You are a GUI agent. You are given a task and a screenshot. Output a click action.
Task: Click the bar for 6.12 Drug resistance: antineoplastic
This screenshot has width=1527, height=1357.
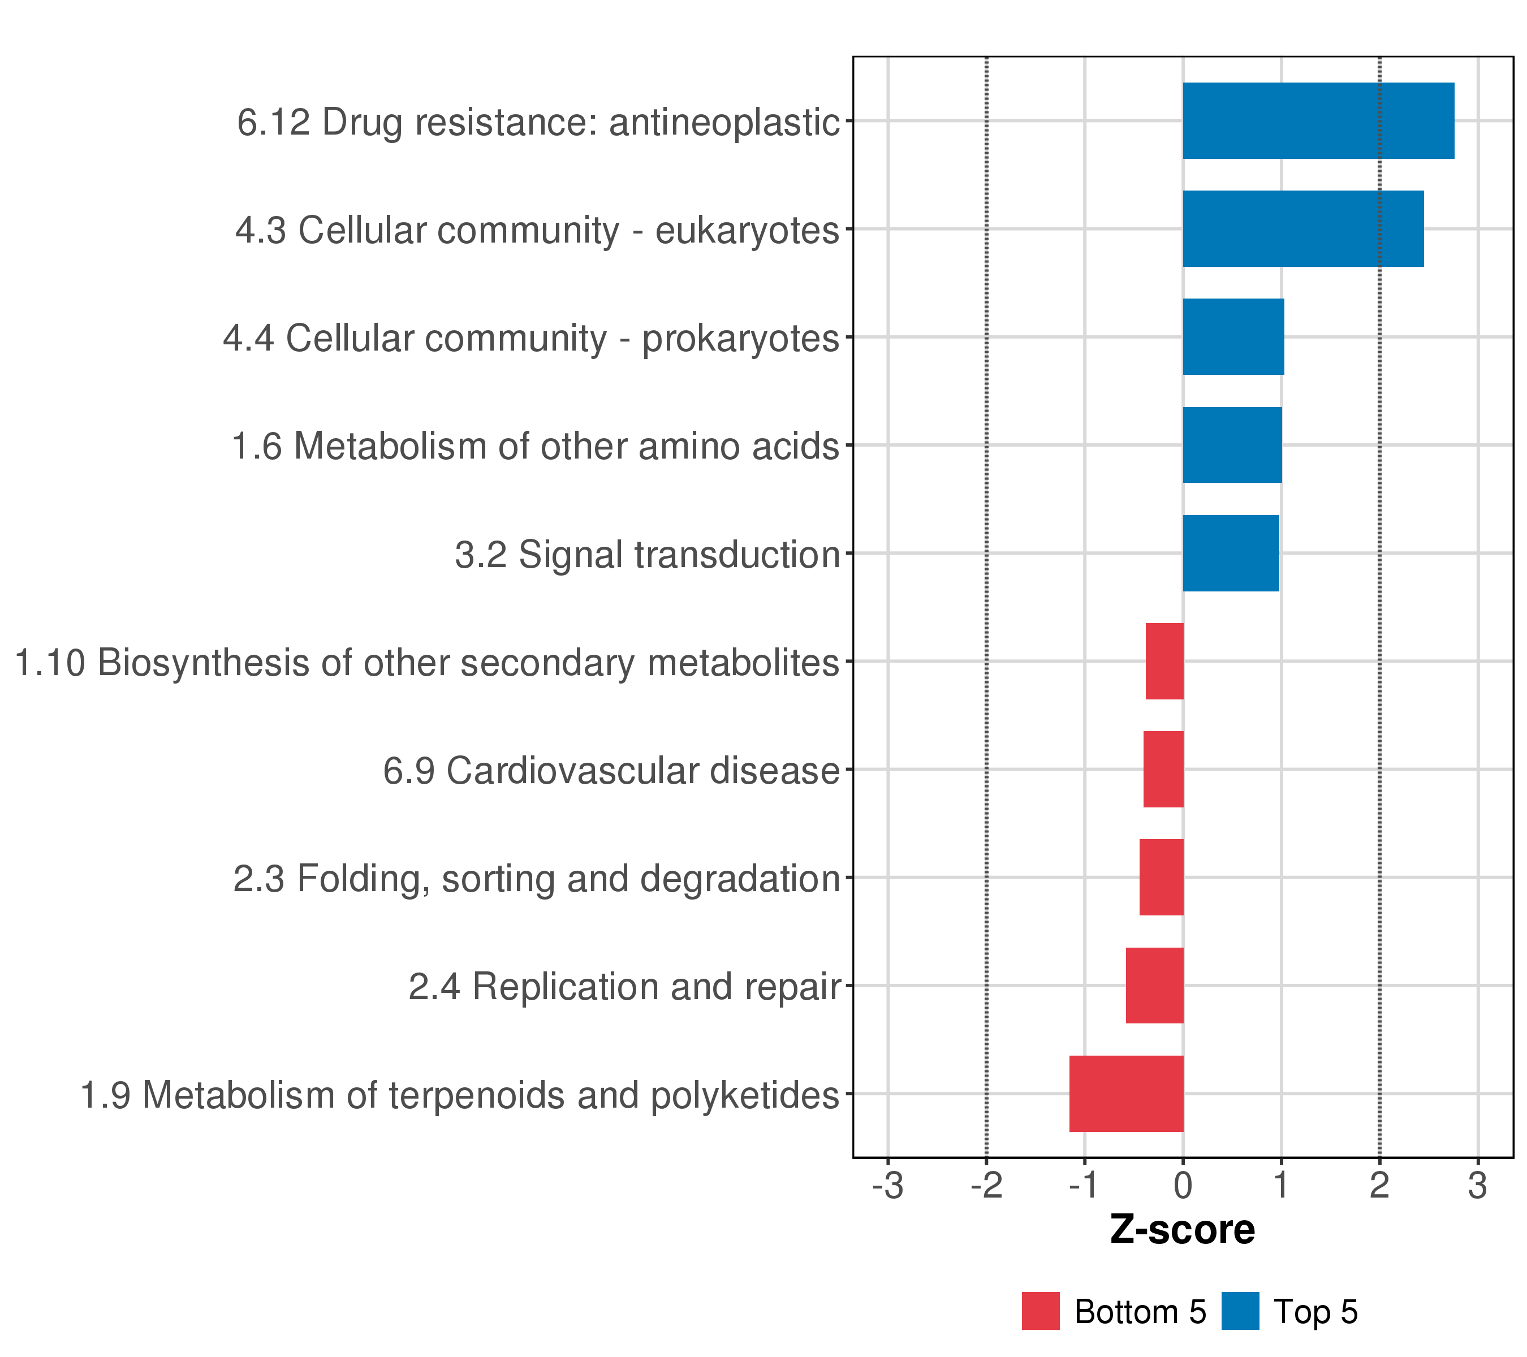(x=1318, y=120)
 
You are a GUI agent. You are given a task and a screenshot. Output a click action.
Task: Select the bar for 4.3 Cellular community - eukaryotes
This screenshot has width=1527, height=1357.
(x=1303, y=228)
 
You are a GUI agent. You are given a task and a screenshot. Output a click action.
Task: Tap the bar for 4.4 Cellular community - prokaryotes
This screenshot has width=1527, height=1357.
(x=1233, y=337)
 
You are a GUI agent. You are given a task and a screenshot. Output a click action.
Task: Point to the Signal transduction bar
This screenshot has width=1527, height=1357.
(x=1231, y=554)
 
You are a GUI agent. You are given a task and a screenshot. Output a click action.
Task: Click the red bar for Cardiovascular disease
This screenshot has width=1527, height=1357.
(x=1163, y=769)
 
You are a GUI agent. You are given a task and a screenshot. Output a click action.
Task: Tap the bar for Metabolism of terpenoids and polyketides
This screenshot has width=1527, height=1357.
(x=1126, y=1094)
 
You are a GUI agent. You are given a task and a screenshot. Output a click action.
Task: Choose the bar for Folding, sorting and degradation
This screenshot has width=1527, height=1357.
(x=1161, y=878)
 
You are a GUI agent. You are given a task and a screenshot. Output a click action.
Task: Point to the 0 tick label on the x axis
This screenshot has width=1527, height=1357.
(x=1183, y=1186)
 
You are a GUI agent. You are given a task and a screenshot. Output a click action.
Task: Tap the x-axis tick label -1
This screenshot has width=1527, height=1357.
(x=1084, y=1186)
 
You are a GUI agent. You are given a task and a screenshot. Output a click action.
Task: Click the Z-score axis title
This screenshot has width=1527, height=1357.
(x=1183, y=1230)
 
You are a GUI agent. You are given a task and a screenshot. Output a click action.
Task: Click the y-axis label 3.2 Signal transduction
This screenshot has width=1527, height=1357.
(x=648, y=555)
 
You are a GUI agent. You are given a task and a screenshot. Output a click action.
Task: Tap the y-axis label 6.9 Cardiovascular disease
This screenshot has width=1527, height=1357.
(x=612, y=771)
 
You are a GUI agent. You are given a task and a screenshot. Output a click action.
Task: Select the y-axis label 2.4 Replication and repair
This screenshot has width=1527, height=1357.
(x=624, y=987)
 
